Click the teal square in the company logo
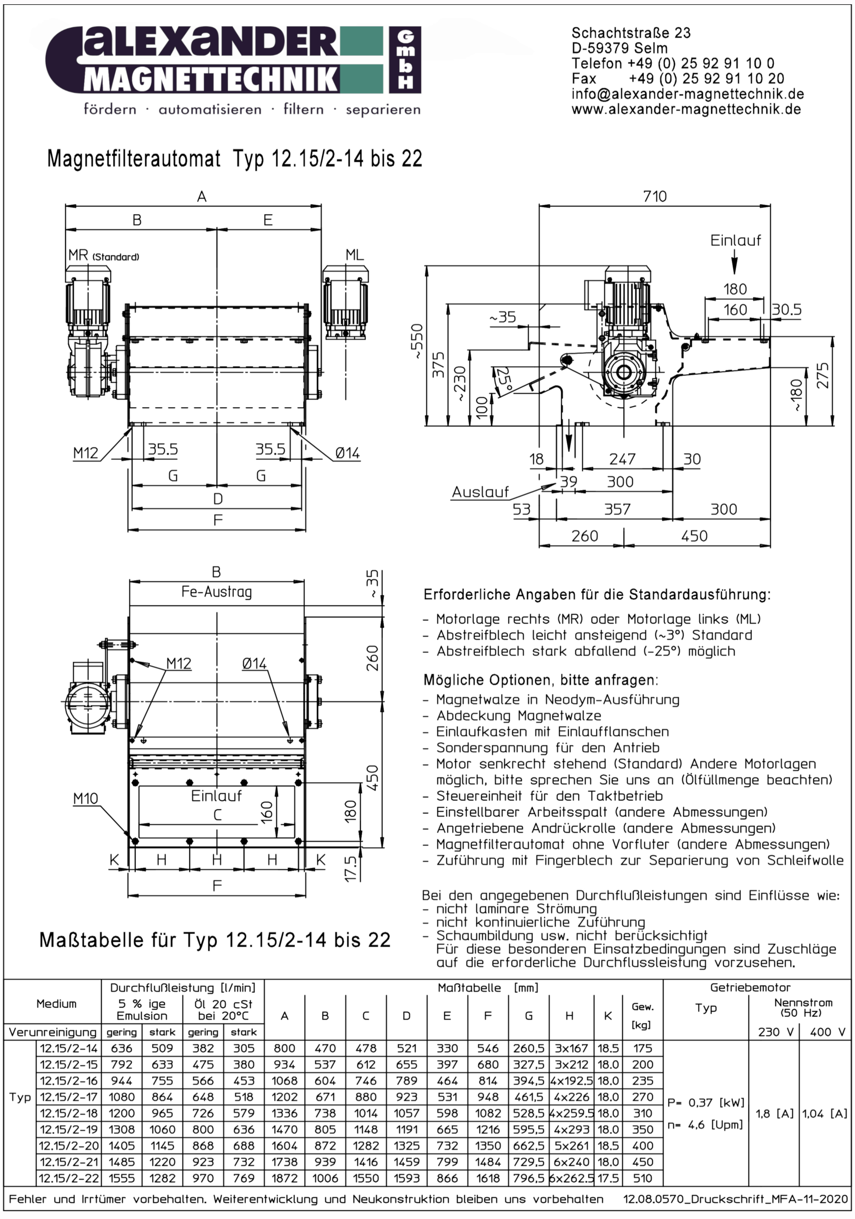361,60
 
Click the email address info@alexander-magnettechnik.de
687,94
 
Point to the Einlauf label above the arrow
735,240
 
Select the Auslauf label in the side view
480,492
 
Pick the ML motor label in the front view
355,255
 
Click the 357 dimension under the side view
617,509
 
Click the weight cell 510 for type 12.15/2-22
642,1178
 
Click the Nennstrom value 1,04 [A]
824,1113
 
